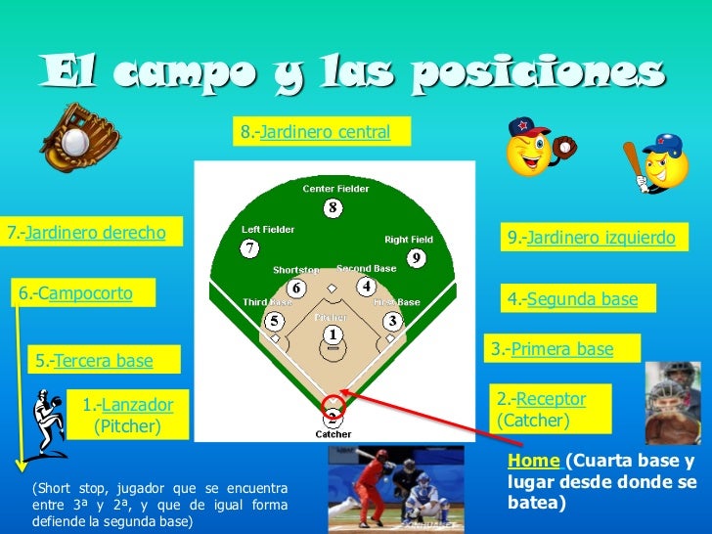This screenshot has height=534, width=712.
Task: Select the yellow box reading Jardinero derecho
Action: click(94, 233)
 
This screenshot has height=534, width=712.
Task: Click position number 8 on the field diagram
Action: click(333, 207)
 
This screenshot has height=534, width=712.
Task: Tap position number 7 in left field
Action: click(251, 247)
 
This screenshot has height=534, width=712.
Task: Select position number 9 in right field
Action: click(416, 258)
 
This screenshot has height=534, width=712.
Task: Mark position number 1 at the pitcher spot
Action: click(333, 334)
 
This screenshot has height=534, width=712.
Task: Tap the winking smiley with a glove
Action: click(533, 146)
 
